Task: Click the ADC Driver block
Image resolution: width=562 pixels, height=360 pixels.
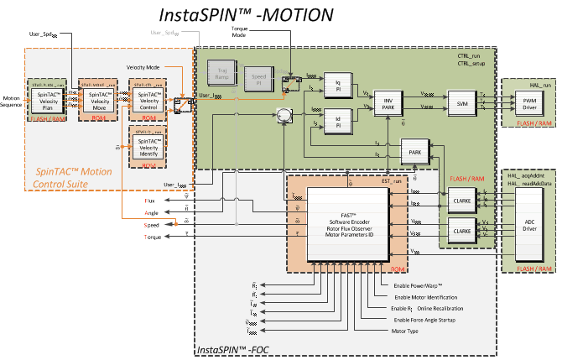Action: pos(529,226)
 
